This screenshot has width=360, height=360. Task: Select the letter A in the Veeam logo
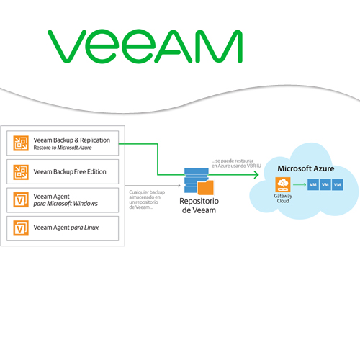(176, 48)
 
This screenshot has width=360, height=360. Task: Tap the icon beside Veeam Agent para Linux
(20, 228)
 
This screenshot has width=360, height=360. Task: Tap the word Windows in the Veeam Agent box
(82, 204)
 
